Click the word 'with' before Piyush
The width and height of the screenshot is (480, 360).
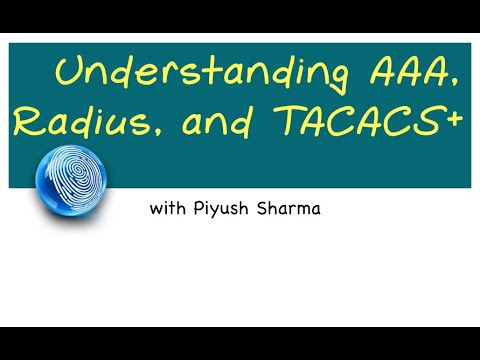[167, 210]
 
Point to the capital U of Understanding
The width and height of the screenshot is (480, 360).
[69, 72]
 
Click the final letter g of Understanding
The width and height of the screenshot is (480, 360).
[319, 78]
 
